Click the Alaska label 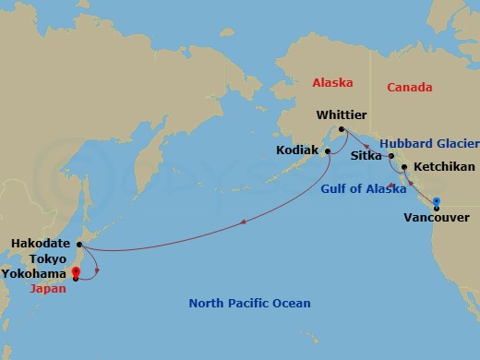pos(332,82)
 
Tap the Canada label pos(409,88)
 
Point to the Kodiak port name pos(296,150)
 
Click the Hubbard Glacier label pos(427,144)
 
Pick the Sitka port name pos(366,156)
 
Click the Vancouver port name pos(437,219)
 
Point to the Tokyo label pos(47,259)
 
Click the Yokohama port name pos(34,274)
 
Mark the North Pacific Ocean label pos(249,303)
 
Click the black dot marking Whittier pos(341,129)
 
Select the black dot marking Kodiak pos(328,150)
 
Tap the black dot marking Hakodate pos(79,245)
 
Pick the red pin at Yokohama pos(76,271)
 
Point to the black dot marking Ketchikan pos(404,167)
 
